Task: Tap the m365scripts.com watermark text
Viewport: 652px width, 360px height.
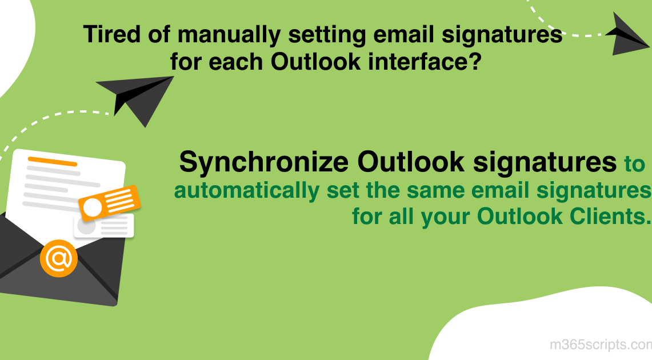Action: (600, 345)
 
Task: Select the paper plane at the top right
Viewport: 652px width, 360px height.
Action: (627, 34)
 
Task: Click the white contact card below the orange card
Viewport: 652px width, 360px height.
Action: (104, 226)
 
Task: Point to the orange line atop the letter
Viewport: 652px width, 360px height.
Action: (52, 161)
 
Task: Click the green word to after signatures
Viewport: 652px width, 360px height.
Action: (634, 165)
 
